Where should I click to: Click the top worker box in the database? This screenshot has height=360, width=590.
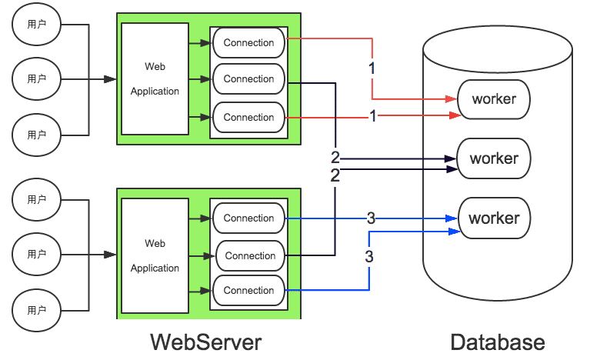pyautogui.click(x=494, y=99)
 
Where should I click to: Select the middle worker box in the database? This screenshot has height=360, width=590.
pyautogui.click(x=494, y=158)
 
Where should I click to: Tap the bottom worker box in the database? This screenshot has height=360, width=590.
pyautogui.click(x=494, y=218)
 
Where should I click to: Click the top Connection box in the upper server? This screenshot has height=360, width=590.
pyautogui.click(x=248, y=43)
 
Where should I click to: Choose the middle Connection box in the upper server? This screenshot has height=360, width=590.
pyautogui.click(x=248, y=79)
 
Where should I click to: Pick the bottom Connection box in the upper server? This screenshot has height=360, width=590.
pyautogui.click(x=248, y=118)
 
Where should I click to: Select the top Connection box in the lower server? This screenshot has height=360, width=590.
pyautogui.click(x=248, y=218)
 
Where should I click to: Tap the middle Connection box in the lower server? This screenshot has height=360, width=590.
pyautogui.click(x=250, y=256)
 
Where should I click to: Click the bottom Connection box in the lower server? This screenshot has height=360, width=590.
pyautogui.click(x=248, y=291)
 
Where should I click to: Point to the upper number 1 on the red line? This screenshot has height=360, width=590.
pyautogui.click(x=372, y=68)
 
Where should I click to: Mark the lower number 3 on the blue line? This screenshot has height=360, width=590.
pyautogui.click(x=369, y=256)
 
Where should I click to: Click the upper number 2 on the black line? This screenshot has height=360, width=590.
pyautogui.click(x=335, y=158)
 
